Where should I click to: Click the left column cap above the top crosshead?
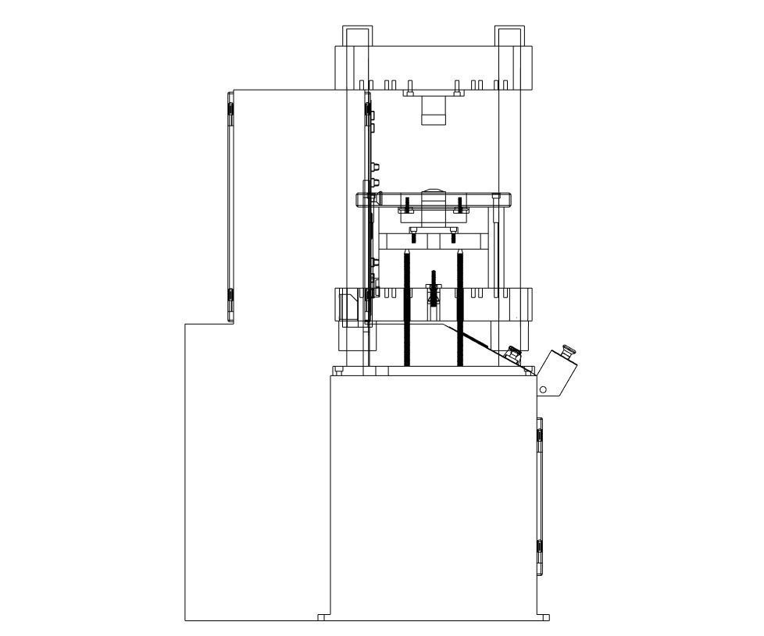tap(355, 36)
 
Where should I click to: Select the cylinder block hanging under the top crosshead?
tap(434, 109)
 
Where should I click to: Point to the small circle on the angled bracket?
tap(543, 389)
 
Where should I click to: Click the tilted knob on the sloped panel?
tap(513, 354)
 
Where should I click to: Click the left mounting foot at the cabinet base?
tap(323, 617)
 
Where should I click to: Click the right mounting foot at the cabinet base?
tap(544, 617)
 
